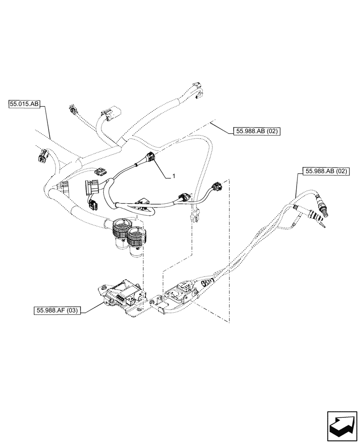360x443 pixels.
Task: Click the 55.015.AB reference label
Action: [24, 105]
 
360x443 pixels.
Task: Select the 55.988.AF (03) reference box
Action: [56, 311]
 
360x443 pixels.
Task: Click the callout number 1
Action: [174, 176]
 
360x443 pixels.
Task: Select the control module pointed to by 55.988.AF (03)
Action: [122, 296]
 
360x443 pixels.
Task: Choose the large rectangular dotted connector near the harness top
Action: [109, 114]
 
